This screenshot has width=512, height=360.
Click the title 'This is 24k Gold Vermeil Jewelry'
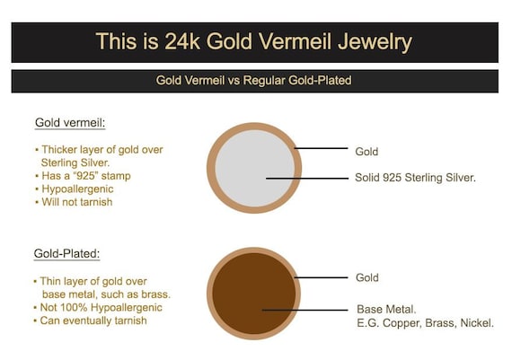coord(254,41)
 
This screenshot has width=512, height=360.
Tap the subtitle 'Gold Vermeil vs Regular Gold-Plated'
coord(253,81)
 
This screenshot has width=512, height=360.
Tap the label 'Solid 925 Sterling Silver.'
coord(415,178)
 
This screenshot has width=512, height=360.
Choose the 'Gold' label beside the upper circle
coord(366,152)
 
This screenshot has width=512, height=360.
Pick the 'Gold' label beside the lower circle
coord(366,277)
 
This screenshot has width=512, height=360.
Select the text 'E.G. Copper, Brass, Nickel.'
coord(425,322)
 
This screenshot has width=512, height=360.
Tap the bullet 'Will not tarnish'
coord(78,202)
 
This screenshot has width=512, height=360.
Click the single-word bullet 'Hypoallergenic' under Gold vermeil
coord(78,189)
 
